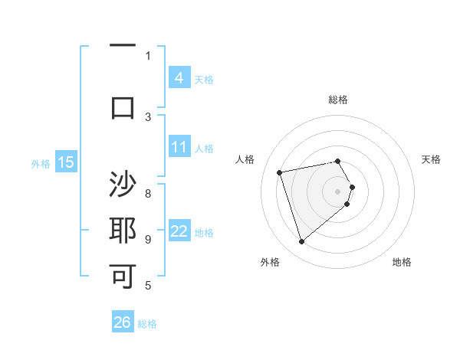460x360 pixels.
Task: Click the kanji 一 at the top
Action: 123,45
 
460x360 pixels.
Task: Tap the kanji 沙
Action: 123,186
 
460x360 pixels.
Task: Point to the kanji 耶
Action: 123,231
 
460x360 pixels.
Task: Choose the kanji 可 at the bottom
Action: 123,276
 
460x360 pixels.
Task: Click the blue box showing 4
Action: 179,77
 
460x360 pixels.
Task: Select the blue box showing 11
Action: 179,147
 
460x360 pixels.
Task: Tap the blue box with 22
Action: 179,231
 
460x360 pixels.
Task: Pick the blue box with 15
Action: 66,162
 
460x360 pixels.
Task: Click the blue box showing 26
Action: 123,322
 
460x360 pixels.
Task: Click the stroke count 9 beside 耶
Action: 148,239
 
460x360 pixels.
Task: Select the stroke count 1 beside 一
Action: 148,55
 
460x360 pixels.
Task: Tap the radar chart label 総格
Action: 338,100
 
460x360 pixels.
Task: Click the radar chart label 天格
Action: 431,159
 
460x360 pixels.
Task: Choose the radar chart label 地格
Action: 402,262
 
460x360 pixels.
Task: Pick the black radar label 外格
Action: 270,262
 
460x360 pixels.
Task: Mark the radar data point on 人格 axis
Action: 280,172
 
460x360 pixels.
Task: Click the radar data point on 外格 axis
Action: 302,242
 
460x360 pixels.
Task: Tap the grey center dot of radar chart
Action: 338,191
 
